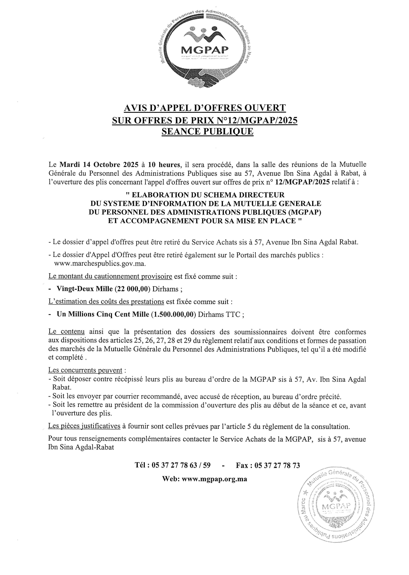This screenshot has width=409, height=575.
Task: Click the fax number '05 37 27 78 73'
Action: pos(277,465)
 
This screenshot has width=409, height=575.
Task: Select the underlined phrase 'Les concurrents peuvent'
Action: pos(85,370)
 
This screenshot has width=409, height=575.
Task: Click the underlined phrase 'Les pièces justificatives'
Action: pos(84,426)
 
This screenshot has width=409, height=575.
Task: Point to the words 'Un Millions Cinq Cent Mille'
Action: pos(102,314)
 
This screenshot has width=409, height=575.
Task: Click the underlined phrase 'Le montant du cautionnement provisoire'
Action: pos(110,276)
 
